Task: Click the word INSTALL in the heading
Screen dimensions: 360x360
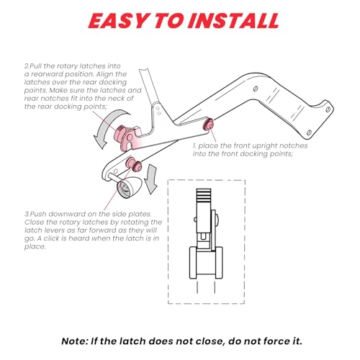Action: [233, 21]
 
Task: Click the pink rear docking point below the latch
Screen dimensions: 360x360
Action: [134, 164]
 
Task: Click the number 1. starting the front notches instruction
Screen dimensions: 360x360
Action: [194, 145]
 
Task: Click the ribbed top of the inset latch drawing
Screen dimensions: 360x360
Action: [204, 196]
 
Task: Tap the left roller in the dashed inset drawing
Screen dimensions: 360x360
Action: [193, 263]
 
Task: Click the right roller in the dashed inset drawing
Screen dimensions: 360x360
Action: [219, 263]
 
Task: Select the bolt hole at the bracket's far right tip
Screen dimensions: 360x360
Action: [328, 109]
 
